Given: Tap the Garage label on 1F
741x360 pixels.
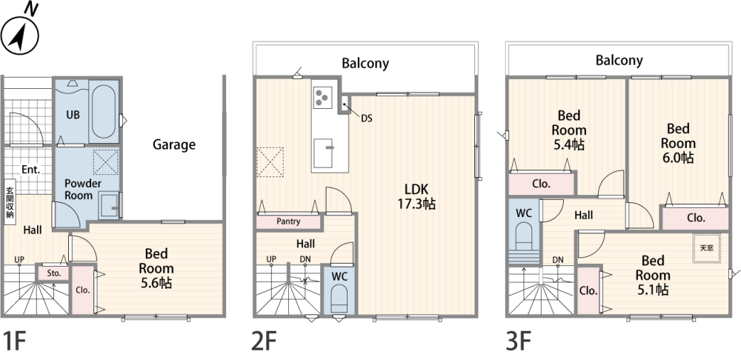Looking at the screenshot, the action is tap(174, 145).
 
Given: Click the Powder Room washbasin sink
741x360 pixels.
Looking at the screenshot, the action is tap(109, 206).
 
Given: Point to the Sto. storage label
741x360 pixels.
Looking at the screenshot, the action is tap(54, 273).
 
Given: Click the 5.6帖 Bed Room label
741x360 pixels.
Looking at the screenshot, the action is tap(156, 268).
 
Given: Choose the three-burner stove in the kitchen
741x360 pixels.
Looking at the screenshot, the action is tap(322, 98).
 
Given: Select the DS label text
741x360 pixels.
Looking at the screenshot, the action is tap(367, 119).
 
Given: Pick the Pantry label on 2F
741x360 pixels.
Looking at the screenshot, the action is tap(288, 221).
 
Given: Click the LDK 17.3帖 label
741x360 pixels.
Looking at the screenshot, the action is tap(416, 196).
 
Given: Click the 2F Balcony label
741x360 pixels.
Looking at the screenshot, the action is tap(365, 63).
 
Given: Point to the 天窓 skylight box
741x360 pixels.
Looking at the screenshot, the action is tap(706, 248).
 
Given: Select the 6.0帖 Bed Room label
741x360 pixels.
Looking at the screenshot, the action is tap(678, 143).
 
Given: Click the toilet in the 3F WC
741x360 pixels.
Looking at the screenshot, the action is tap(524, 236).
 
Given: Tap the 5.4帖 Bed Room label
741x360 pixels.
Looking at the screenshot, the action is tap(569, 130).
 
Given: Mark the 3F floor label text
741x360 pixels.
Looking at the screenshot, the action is tap(519, 341).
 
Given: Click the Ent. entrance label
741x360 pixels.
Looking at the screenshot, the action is tap(30, 170).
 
